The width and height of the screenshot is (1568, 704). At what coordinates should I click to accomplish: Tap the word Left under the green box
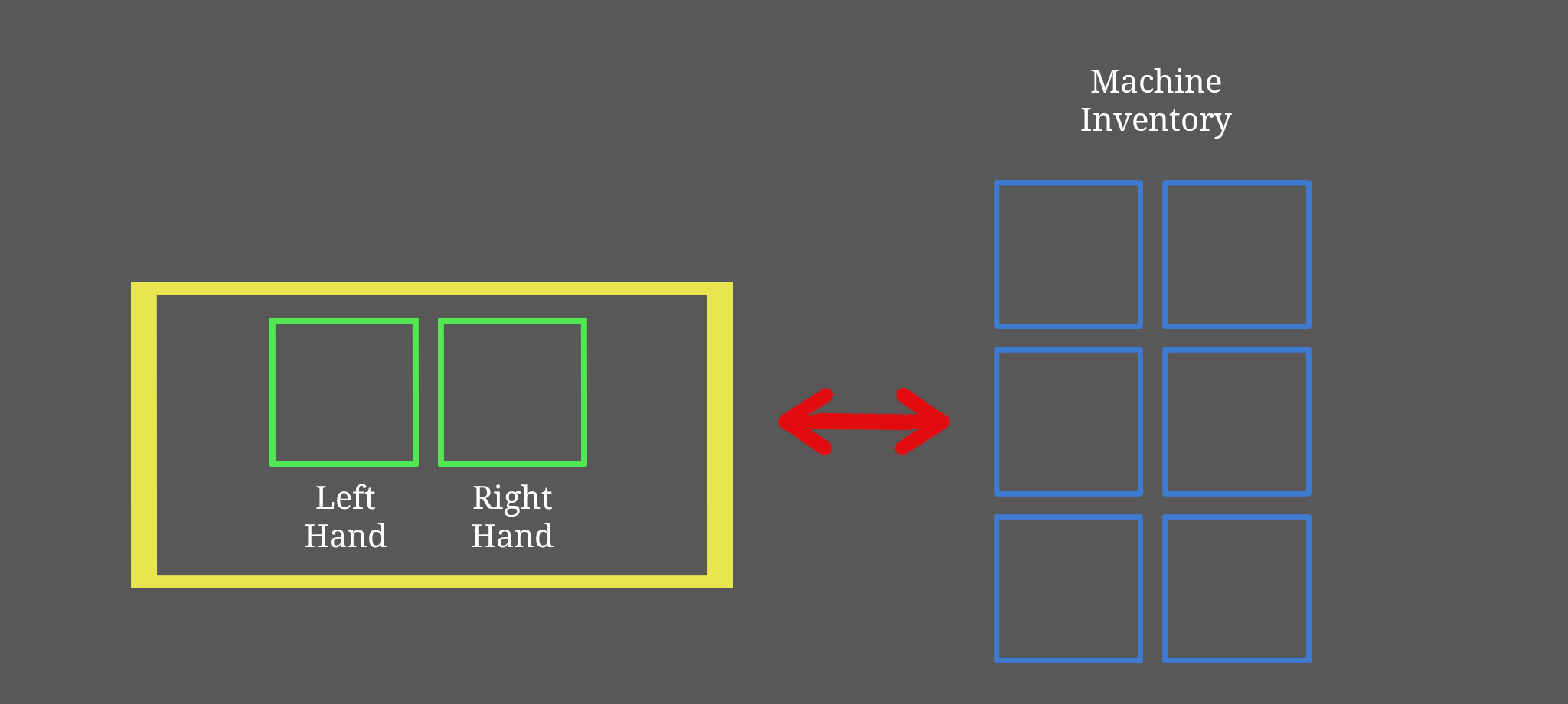tap(345, 498)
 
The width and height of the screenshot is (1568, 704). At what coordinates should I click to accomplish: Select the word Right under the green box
tap(512, 499)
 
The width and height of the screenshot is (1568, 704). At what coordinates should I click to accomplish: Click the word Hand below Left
tap(345, 536)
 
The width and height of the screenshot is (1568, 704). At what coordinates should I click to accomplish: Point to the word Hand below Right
tap(512, 536)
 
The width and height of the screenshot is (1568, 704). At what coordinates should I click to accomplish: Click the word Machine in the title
tap(1156, 81)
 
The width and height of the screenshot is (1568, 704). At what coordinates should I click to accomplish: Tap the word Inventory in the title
tap(1156, 120)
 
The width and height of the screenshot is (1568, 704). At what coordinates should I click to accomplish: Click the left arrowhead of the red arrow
tap(804, 422)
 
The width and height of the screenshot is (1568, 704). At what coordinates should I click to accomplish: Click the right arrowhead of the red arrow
tap(924, 422)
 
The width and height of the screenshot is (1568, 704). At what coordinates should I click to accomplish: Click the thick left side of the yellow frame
tap(144, 435)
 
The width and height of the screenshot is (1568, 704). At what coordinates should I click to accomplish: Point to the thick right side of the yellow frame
tap(720, 435)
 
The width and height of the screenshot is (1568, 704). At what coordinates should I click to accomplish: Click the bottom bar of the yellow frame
tap(432, 582)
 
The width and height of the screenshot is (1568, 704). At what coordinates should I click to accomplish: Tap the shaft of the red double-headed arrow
tap(864, 422)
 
